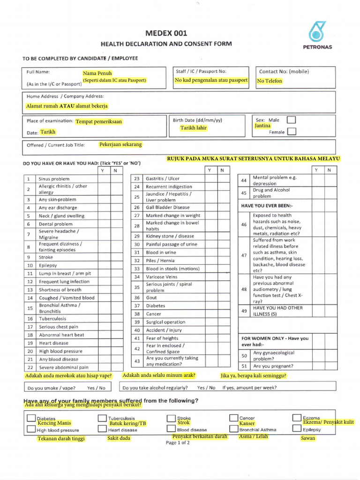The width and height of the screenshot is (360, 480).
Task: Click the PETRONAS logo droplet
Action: click(320, 32)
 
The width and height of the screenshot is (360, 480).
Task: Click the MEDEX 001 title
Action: click(166, 33)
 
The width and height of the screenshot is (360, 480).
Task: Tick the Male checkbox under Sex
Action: click(292, 120)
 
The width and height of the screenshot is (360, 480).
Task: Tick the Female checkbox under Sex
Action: click(292, 131)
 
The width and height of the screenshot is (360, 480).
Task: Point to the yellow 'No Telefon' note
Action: click(270, 81)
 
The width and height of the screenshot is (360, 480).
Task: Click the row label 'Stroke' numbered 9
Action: click(46, 257)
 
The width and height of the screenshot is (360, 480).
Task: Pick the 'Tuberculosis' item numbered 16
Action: click(52, 319)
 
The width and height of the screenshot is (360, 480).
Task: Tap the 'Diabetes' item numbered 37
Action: click(155, 306)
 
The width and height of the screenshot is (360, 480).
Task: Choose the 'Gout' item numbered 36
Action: click(151, 298)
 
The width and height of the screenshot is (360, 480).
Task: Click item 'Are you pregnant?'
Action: click(273, 366)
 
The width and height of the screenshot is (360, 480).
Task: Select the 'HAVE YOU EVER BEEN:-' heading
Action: click(266, 206)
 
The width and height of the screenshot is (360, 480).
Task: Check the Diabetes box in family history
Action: click(31, 418)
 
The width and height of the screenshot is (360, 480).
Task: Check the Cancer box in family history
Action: click(234, 417)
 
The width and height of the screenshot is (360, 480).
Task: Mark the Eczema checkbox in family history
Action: click(296, 417)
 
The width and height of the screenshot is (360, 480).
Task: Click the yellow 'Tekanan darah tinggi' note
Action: click(61, 439)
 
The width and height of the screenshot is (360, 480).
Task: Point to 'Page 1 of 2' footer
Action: click(178, 442)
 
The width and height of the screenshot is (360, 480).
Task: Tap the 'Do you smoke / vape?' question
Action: click(52, 388)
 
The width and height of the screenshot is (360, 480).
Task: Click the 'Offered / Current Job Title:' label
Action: click(56, 145)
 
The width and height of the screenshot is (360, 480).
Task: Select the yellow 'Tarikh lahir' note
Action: click(193, 128)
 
